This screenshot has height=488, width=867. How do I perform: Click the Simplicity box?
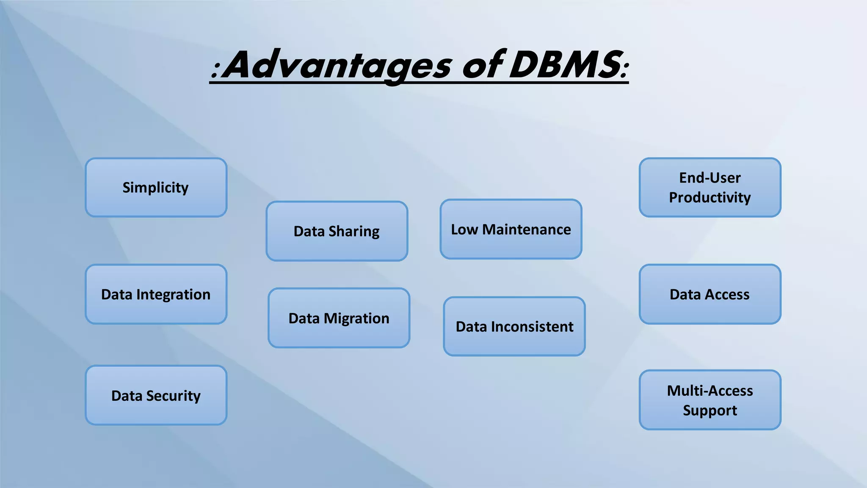point(156,188)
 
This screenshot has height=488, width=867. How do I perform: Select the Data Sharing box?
point(337,231)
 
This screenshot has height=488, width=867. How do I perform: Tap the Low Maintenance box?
point(511,229)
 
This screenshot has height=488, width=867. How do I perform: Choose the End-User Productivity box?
point(710,188)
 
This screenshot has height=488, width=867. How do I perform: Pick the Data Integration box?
point(156,294)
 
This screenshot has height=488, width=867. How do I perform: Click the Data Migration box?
point(339,318)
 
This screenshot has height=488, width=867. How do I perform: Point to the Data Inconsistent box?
point(514,327)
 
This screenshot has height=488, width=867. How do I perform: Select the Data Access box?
point(710,294)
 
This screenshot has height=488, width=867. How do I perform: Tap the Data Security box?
point(156,396)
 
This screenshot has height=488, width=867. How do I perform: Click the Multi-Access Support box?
point(710,400)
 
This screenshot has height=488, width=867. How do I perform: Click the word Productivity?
point(710,198)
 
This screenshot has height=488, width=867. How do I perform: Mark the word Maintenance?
point(527,230)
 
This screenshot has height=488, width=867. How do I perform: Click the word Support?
point(710,410)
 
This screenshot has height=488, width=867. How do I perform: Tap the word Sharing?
point(354,232)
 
